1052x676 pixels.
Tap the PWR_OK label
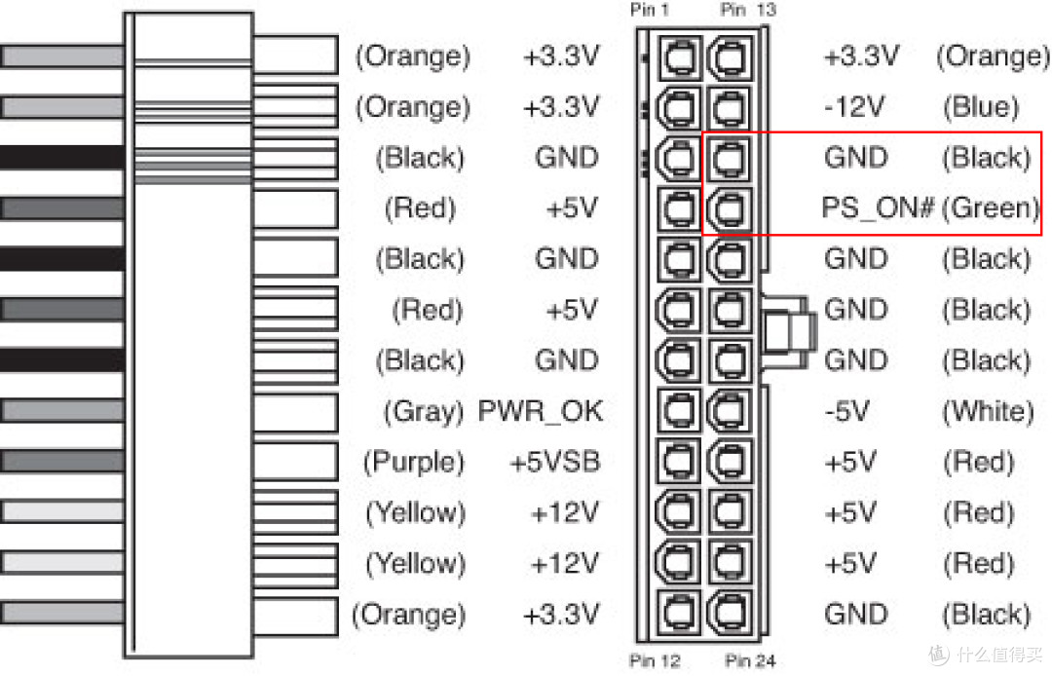tap(541, 411)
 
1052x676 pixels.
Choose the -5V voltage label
tap(846, 411)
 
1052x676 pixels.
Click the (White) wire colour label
tap(987, 411)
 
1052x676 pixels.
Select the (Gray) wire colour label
tap(423, 411)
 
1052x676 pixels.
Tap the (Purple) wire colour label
tap(414, 462)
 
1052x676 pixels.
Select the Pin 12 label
tap(655, 662)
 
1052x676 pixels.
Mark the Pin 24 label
tap(750, 662)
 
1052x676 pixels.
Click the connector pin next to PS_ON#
tap(730, 208)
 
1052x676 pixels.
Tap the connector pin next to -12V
tap(730, 107)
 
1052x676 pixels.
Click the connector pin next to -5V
tap(730, 411)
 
